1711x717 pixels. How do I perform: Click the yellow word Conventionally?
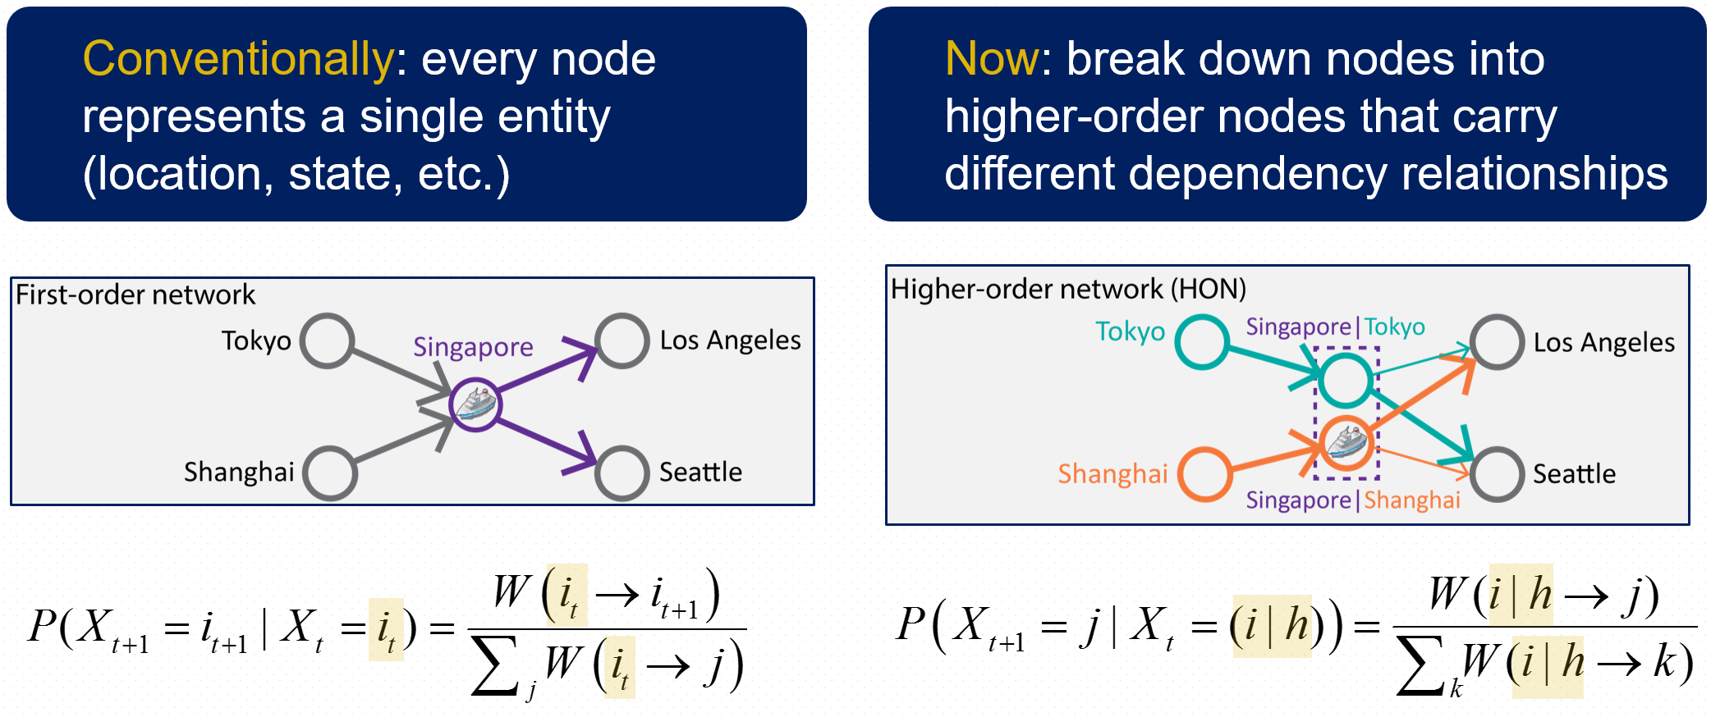click(238, 59)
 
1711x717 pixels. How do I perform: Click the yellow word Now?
click(992, 59)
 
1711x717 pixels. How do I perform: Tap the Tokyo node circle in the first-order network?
click(327, 340)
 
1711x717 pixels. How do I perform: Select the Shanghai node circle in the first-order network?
click(330, 473)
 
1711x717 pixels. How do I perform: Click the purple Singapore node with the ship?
click(475, 404)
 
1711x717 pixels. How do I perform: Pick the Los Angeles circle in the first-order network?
click(622, 340)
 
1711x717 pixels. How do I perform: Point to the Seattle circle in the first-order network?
click(622, 473)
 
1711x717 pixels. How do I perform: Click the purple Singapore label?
click(473, 347)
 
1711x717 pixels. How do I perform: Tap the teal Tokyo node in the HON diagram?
click(1202, 342)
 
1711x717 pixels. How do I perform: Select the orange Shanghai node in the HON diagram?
click(1205, 474)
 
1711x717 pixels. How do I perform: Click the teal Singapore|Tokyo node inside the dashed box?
click(1345, 380)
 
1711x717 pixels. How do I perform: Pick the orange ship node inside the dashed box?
click(1346, 444)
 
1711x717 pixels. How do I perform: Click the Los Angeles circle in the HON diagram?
click(1497, 342)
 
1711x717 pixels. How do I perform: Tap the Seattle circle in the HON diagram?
click(1497, 474)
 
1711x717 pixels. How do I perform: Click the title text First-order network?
click(135, 295)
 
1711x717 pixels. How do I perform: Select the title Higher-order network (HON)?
click(1068, 289)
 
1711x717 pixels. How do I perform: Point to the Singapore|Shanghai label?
click(1353, 500)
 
